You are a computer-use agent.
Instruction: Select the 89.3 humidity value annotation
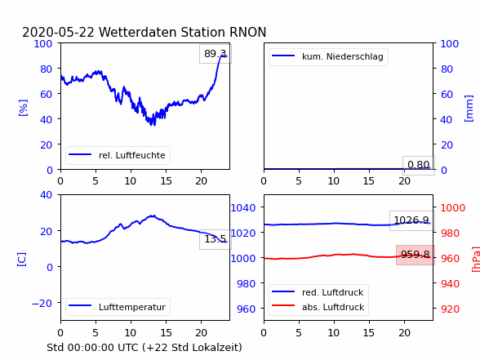click(216, 54)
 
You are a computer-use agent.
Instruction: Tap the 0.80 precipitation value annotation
click(419, 165)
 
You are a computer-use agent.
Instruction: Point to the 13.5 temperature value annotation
click(216, 239)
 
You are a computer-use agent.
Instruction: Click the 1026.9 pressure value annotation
click(411, 220)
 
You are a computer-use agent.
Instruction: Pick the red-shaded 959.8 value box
click(416, 255)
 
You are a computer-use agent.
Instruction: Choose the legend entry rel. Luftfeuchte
click(118, 155)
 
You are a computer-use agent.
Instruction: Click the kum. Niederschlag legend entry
click(328, 56)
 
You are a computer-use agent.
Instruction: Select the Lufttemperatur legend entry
click(118, 307)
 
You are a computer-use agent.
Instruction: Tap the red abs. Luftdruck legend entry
click(318, 307)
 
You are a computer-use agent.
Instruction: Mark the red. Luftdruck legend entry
click(318, 292)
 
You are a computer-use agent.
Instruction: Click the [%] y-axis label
click(23, 108)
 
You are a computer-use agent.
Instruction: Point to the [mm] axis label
click(469, 109)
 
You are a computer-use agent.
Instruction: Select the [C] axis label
click(22, 260)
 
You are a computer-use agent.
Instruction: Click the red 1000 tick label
click(453, 208)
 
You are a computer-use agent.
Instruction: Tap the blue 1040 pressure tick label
click(243, 208)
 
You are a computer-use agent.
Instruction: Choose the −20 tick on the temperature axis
click(42, 304)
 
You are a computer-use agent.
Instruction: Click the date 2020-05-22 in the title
click(58, 32)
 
